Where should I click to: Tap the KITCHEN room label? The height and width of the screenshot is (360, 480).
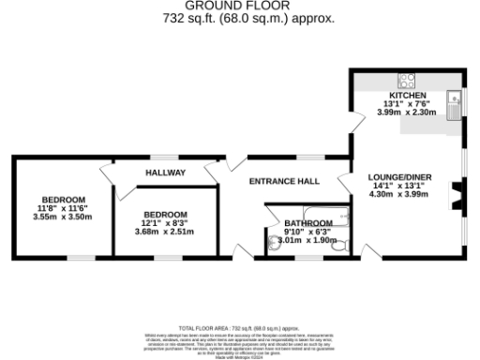tap(408, 96)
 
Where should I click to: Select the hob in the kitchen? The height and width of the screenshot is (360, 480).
tap(408, 80)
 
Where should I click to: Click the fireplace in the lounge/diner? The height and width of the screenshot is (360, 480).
tap(457, 197)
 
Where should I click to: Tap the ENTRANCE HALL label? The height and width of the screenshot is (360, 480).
tap(283, 181)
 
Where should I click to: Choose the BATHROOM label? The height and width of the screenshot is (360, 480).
tap(308, 222)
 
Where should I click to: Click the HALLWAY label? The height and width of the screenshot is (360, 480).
tap(165, 172)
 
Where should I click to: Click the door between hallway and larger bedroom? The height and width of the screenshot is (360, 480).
tap(108, 173)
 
